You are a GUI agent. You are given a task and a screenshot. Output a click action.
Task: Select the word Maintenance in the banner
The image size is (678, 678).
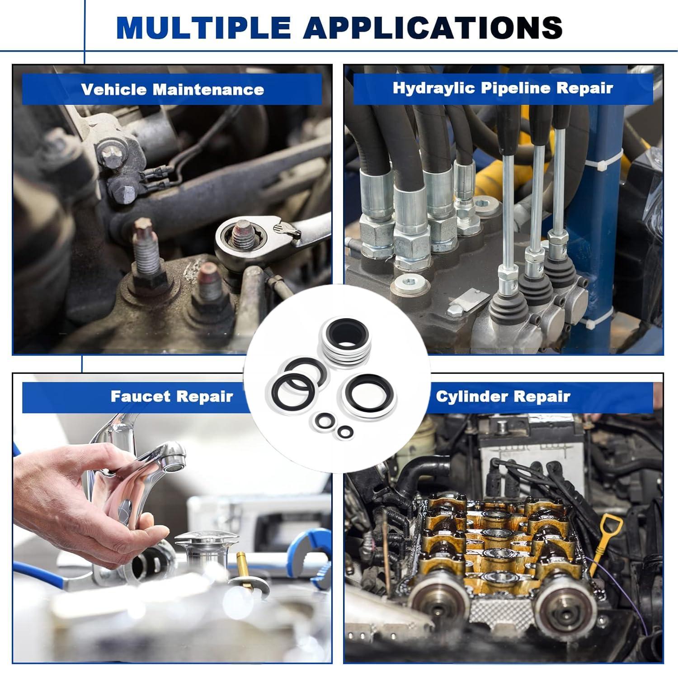click(208, 89)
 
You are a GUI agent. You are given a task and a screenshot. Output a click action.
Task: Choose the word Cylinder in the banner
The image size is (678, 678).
click(471, 396)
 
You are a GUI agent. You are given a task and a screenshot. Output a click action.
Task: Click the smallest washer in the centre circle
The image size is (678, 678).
click(344, 431)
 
